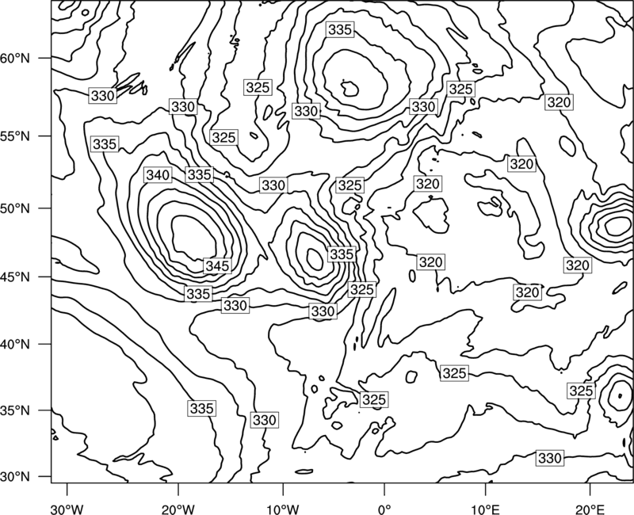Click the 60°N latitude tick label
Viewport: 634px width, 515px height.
point(15,59)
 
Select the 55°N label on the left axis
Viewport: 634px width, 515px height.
point(15,136)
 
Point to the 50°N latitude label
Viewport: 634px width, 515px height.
point(15,208)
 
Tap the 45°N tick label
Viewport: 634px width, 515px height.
point(15,277)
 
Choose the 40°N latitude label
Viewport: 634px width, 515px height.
point(15,345)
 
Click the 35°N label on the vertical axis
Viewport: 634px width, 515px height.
point(15,410)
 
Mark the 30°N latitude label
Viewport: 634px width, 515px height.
point(15,477)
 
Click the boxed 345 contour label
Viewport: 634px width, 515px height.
point(217,266)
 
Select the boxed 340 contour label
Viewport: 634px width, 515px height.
point(158,175)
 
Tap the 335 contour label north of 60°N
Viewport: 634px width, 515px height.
point(340,29)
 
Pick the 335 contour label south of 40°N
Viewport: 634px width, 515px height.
point(202,408)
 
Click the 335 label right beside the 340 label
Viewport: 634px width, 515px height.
point(200,174)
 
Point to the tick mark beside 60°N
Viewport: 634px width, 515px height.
point(45,58)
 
